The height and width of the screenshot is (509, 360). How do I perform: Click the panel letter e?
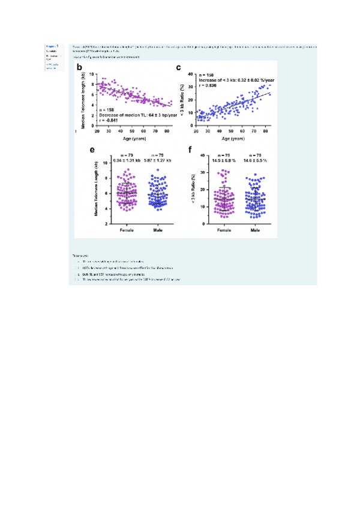point(91,151)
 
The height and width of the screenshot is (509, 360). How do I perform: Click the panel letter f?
point(191,151)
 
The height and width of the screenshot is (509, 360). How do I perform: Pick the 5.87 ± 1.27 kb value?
point(157,160)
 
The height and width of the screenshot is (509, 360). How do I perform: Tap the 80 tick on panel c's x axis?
point(264,130)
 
